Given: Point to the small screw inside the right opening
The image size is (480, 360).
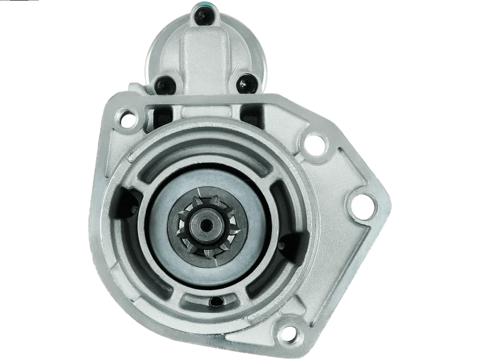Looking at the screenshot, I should point(289,241).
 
